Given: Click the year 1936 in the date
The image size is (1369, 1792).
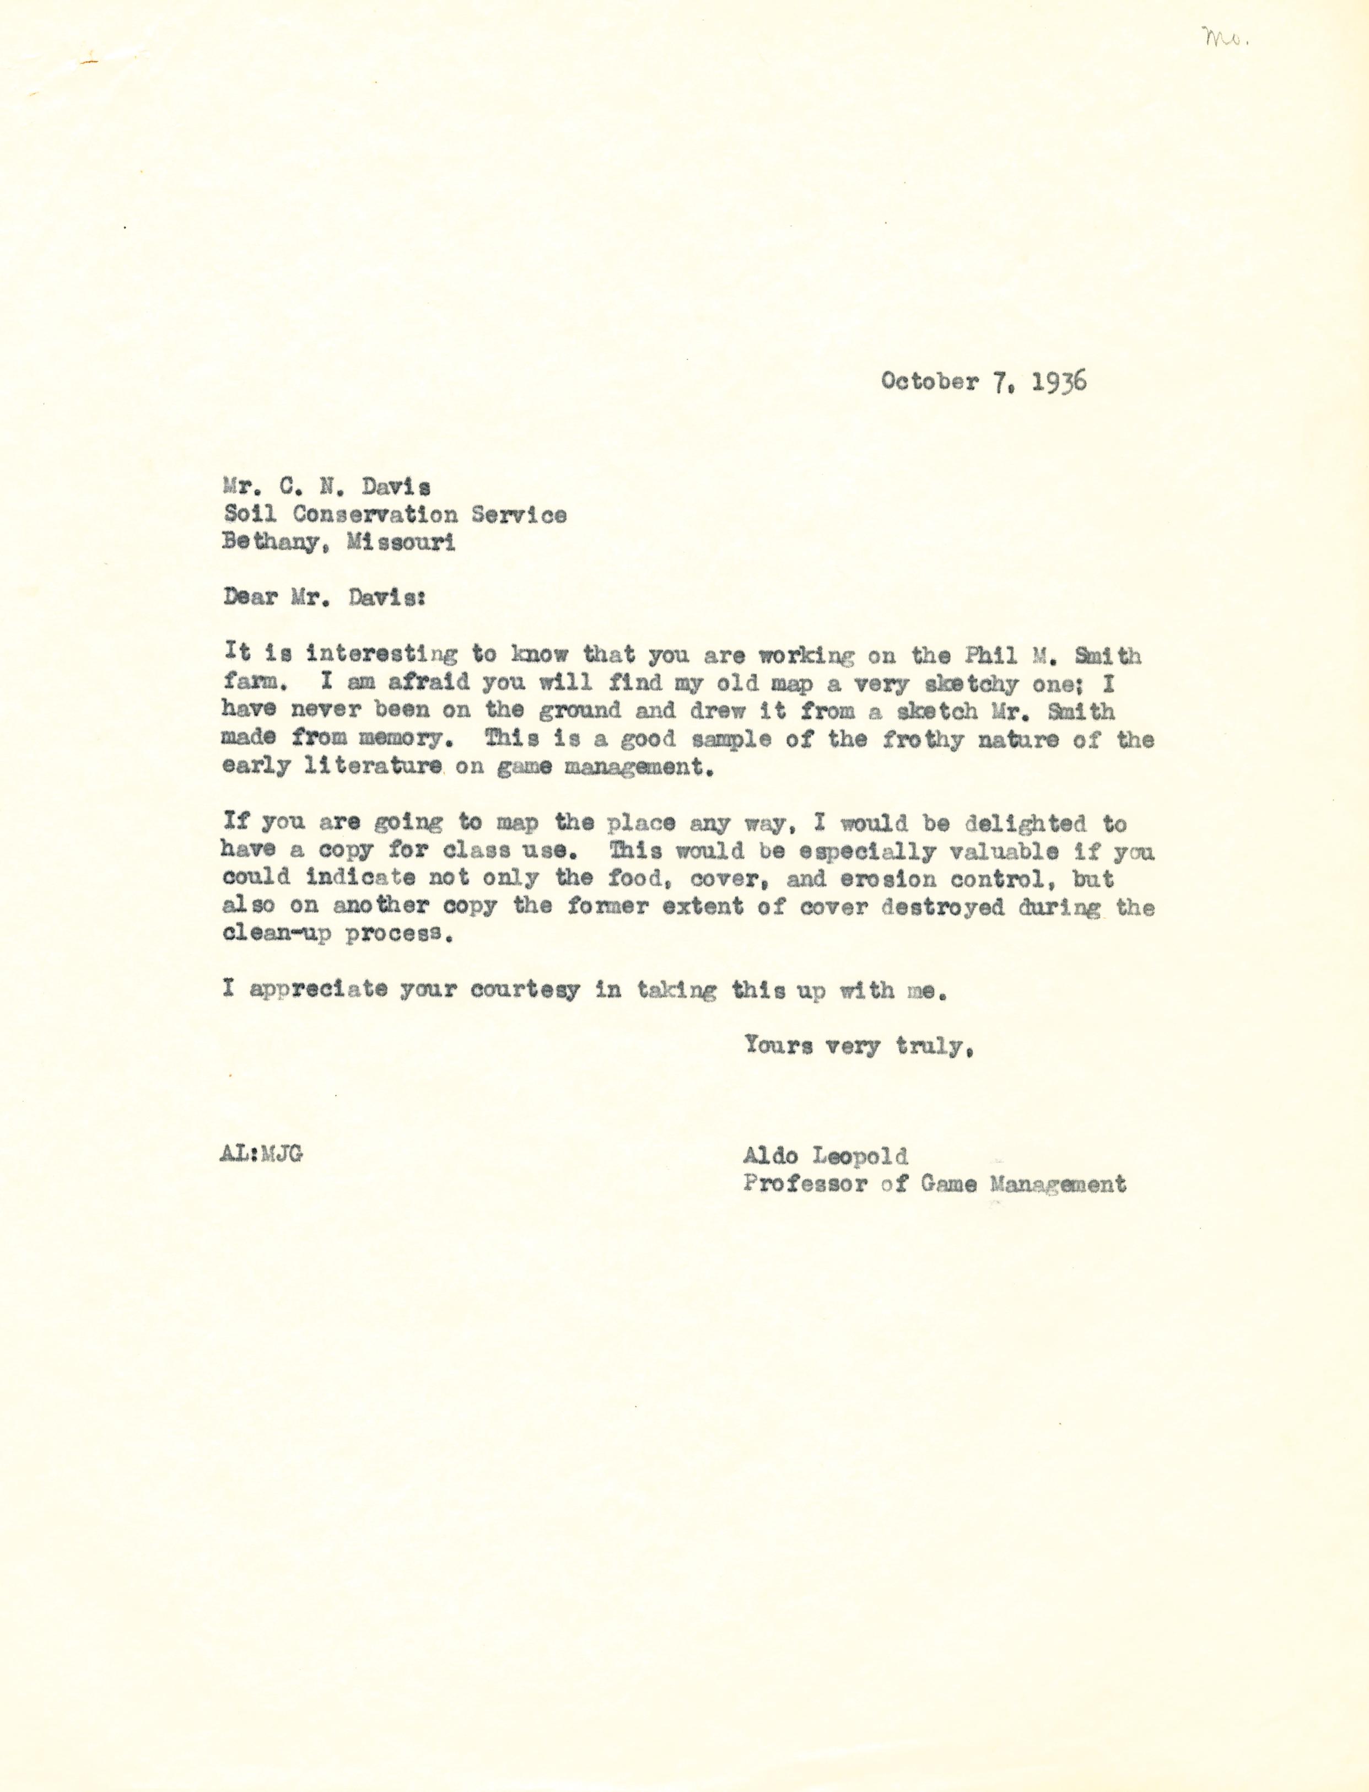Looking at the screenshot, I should [x=1059, y=381].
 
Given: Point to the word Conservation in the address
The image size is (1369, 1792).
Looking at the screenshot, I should [x=374, y=514].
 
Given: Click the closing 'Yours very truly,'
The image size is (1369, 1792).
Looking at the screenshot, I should [x=859, y=1046].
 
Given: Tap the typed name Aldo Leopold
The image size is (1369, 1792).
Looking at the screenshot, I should [x=824, y=1155].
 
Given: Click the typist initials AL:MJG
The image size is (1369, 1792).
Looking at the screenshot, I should [x=261, y=1155].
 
